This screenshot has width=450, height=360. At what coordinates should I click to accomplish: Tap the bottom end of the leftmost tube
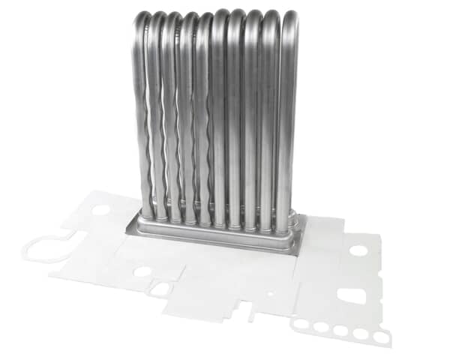148,214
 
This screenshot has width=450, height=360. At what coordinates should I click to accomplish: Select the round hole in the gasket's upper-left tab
101,209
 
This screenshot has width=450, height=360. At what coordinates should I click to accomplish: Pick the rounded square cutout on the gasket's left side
160,288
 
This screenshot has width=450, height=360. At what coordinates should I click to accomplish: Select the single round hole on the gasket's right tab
358,250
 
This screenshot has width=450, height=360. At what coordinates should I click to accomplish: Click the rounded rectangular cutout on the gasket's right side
352,295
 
